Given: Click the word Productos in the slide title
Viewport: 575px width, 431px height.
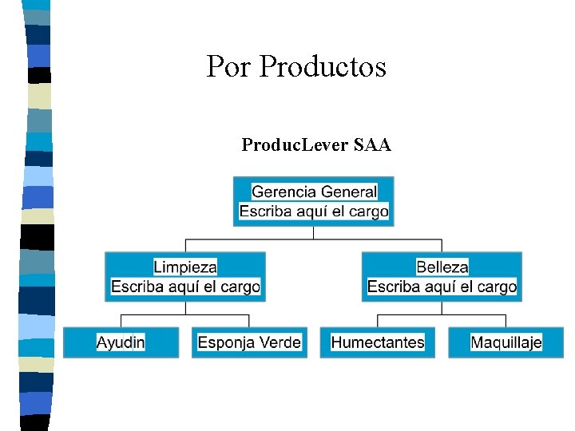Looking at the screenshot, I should (323, 66).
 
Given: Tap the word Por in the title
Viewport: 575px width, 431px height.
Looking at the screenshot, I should (228, 66).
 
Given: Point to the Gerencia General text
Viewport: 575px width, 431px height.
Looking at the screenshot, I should (314, 192).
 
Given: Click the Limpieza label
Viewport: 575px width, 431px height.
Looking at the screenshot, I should (185, 267).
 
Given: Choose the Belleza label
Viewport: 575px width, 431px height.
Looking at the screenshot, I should (442, 267).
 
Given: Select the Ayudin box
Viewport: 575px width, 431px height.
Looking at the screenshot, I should (121, 342).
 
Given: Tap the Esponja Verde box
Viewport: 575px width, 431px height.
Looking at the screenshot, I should (249, 342).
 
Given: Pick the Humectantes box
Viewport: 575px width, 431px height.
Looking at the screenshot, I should (378, 342).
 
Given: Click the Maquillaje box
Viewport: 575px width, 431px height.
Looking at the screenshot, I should (506, 342).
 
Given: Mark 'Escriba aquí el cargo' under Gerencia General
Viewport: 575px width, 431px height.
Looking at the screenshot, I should (314, 212).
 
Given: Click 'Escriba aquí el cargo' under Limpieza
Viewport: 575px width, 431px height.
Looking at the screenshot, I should (185, 287).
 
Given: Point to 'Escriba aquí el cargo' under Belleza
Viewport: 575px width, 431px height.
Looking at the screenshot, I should (442, 287).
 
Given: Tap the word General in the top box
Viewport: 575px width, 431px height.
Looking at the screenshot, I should (346, 192).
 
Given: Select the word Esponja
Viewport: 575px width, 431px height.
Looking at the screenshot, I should (227, 342).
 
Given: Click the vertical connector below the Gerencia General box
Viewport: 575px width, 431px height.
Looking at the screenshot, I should (314, 232).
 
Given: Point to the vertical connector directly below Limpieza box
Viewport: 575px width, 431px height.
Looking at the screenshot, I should (185, 308).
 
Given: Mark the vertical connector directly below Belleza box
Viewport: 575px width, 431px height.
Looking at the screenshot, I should (442, 308).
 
